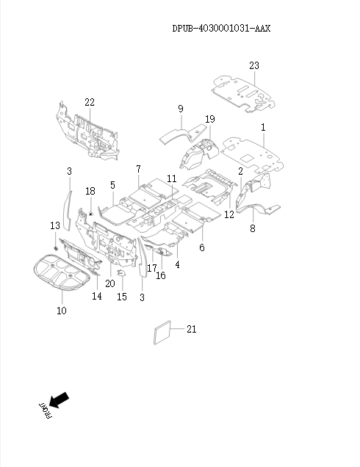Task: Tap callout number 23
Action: tap(253, 66)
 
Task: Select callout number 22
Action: tap(89, 102)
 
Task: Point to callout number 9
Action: tap(180, 109)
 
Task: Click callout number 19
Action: tap(210, 120)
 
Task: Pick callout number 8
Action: tap(252, 229)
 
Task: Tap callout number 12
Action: tap(229, 214)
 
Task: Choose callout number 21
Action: tap(191, 330)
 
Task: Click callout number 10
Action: tap(61, 311)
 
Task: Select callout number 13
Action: tap(54, 225)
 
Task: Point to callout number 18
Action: tap(90, 192)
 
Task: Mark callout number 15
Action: tap(122, 297)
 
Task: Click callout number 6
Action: tap(201, 247)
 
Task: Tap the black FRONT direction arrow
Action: tap(60, 401)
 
